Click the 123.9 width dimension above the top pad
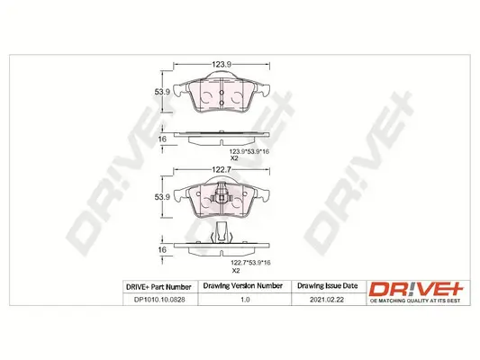click(x=222, y=65)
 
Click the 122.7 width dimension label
click(x=222, y=167)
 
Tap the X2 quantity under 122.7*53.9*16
click(x=235, y=270)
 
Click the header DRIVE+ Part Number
click(x=158, y=287)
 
